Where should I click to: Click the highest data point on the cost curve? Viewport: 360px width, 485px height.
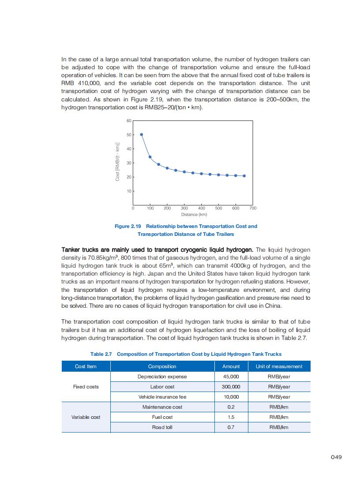[x=141, y=134]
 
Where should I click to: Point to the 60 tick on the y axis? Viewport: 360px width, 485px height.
[x=129, y=120]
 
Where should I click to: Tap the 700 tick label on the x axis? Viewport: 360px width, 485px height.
[x=253, y=207]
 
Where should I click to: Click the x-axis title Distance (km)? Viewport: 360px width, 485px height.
[x=194, y=214]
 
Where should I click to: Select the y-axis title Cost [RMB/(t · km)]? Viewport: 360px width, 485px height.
[x=117, y=161]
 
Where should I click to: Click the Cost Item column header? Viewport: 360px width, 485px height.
[x=86, y=366]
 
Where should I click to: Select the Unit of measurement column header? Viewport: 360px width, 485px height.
[x=279, y=366]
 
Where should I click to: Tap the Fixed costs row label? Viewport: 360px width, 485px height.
[x=86, y=387]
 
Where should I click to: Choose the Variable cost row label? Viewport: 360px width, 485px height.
[x=86, y=417]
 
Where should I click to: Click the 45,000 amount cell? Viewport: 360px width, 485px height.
[x=231, y=377]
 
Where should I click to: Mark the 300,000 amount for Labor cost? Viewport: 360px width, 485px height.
[x=231, y=387]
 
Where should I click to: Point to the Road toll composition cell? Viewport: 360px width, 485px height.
[x=162, y=427]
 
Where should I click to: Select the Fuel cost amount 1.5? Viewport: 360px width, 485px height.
[x=231, y=417]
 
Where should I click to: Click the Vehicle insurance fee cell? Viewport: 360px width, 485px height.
[x=162, y=397]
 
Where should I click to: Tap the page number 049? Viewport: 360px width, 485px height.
[x=336, y=457]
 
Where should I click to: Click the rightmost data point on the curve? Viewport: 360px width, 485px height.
[x=244, y=176]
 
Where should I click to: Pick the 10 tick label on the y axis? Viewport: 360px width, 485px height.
[x=129, y=191]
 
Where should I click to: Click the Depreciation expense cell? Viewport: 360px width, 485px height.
[x=162, y=377]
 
